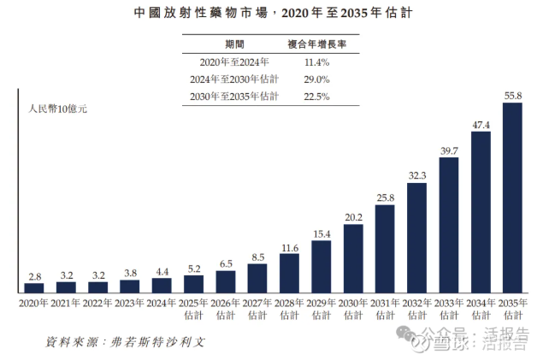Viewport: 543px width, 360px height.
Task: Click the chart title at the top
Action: click(x=271, y=14)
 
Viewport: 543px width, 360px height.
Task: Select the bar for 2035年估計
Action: click(x=512, y=198)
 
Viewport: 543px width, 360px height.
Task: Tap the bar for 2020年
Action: click(x=34, y=287)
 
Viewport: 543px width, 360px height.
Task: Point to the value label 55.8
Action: click(x=512, y=96)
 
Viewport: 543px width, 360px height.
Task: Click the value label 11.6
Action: click(x=289, y=248)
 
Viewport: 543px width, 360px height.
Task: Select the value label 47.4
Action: click(x=481, y=125)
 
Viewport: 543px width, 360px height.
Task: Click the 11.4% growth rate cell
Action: click(x=310, y=62)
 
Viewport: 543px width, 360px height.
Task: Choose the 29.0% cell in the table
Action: click(x=310, y=79)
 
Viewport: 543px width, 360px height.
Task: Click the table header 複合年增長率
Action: click(x=310, y=44)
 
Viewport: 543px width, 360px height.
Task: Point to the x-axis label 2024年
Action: click(x=162, y=302)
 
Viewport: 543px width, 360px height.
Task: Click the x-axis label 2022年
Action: click(x=97, y=302)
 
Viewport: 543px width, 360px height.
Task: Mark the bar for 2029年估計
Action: click(x=322, y=266)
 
